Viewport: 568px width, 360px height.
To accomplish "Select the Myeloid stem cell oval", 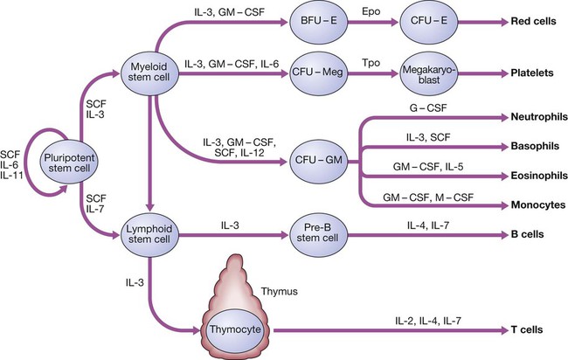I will pyautogui.click(x=152, y=72).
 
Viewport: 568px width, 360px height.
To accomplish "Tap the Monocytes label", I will pyautogui.click(x=534, y=205).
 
